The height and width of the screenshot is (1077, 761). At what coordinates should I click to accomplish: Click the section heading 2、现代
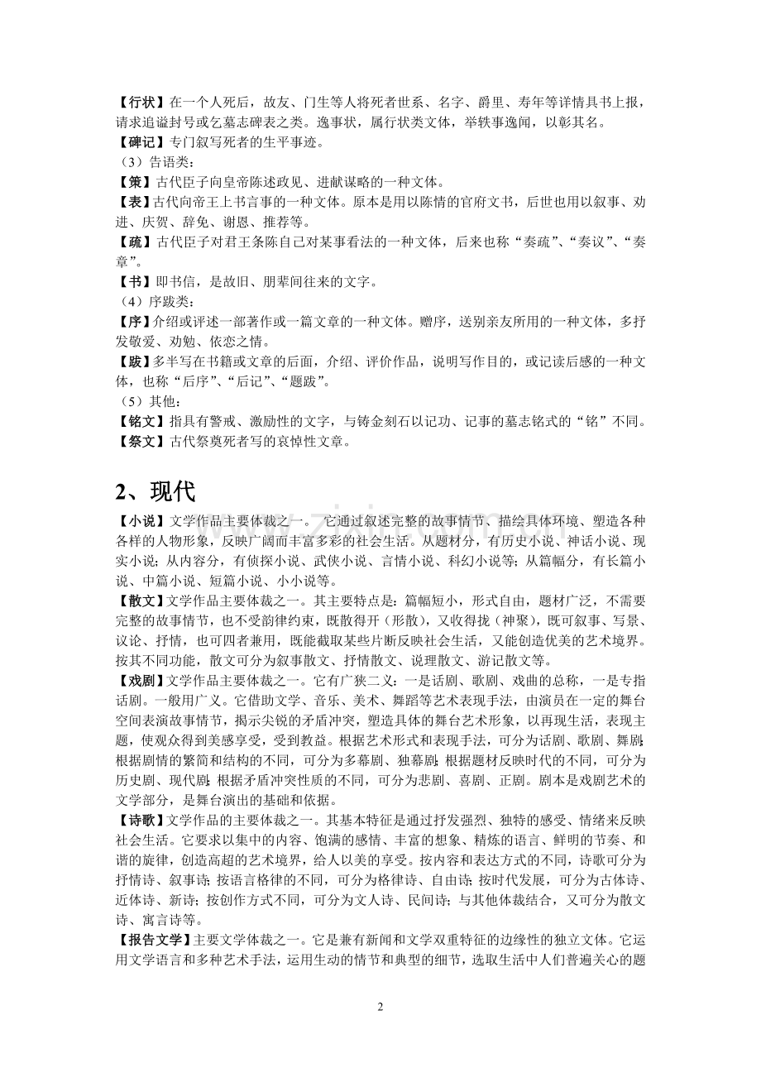click(x=156, y=491)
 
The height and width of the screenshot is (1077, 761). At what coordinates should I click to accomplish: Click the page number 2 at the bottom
click(x=380, y=1007)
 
